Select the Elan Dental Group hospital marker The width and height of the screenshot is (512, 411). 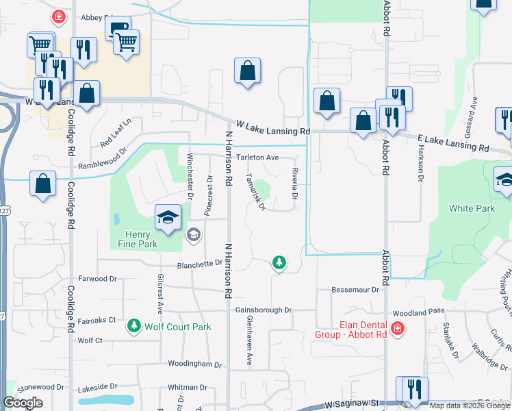[397, 331]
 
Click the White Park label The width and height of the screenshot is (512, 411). [467, 208]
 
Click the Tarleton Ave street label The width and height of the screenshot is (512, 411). [258, 157]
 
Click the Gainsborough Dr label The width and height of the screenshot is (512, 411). [264, 310]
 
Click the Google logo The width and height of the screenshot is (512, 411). [23, 403]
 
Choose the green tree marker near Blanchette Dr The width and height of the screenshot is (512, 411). [279, 262]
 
